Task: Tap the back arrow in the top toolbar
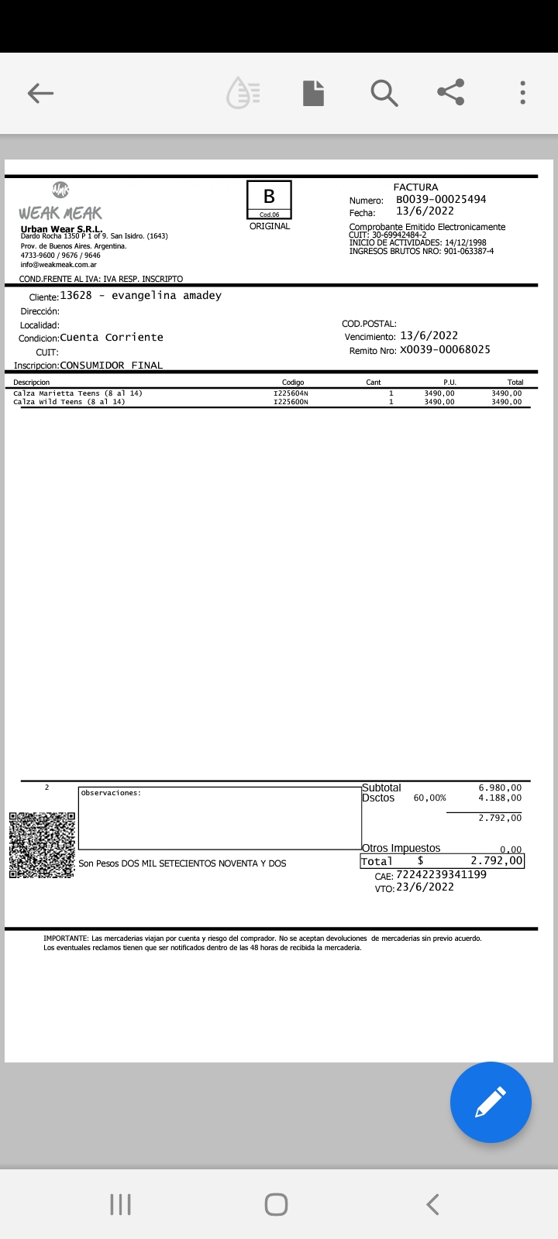pyautogui.click(x=40, y=94)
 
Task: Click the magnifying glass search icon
pyautogui.click(x=384, y=93)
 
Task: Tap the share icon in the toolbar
pyautogui.click(x=450, y=92)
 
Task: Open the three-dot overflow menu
pyautogui.click(x=523, y=93)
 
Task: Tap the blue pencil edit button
pyautogui.click(x=491, y=1102)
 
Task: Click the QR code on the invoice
pyautogui.click(x=42, y=845)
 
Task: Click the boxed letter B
pyautogui.click(x=269, y=197)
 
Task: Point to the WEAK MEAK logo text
pyautogui.click(x=60, y=213)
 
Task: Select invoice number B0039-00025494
pyautogui.click(x=441, y=199)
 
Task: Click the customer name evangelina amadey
pyautogui.click(x=167, y=295)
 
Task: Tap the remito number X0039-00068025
pyautogui.click(x=445, y=349)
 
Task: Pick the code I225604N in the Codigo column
pyautogui.click(x=291, y=393)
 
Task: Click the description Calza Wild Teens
pyautogui.click(x=69, y=402)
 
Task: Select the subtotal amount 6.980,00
pyautogui.click(x=500, y=788)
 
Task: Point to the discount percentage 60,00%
pyautogui.click(x=429, y=798)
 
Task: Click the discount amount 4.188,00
pyautogui.click(x=500, y=798)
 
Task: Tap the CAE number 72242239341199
pyautogui.click(x=441, y=874)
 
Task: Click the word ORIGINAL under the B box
pyautogui.click(x=270, y=226)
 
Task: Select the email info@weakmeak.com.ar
pyautogui.click(x=59, y=265)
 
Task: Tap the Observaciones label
pyautogui.click(x=111, y=793)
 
